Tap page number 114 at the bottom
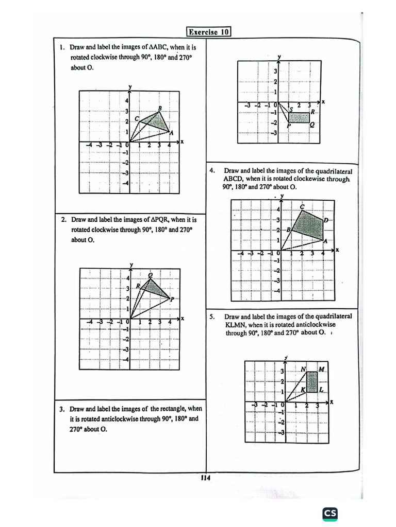click(206, 478)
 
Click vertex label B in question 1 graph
click(160, 108)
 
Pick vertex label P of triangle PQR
click(172, 299)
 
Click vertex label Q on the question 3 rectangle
click(312, 125)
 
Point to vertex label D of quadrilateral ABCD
click(325, 221)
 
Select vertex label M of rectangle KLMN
click(321, 369)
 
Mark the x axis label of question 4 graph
click(337, 250)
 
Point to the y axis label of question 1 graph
click(130, 86)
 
